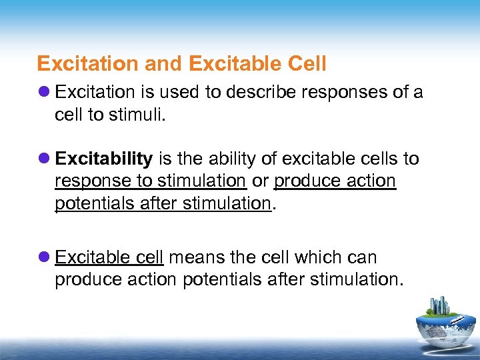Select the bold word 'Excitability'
click(104, 159)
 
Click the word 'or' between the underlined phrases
click(260, 181)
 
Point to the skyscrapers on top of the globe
click(441, 306)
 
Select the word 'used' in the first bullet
click(181, 92)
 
